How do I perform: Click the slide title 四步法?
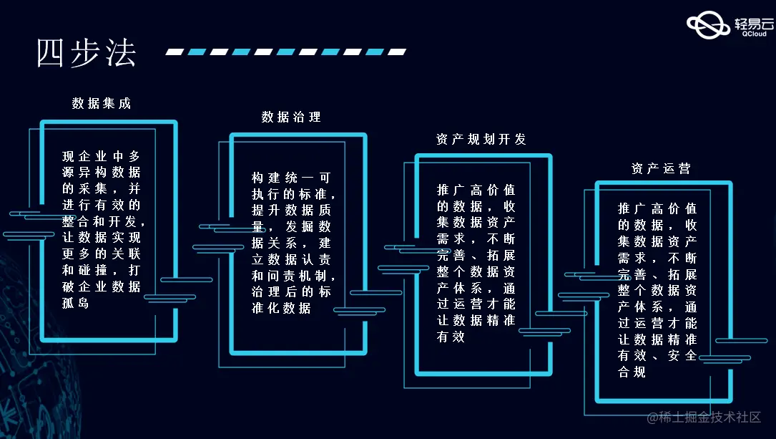coord(86,53)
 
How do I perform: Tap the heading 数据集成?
coord(102,103)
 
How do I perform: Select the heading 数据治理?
coord(291,117)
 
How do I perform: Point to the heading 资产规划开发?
coord(481,139)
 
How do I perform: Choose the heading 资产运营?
coord(661,168)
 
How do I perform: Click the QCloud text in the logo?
coord(755,34)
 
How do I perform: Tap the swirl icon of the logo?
coord(708,25)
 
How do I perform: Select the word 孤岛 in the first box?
coord(75,303)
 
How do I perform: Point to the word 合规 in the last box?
coord(632,372)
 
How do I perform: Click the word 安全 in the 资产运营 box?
coord(682,355)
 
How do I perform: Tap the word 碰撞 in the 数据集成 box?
coord(92,270)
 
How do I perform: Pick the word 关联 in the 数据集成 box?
coord(126,254)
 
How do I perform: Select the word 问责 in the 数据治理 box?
coord(282,276)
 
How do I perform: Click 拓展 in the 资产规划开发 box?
coord(501,255)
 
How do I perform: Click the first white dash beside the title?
coord(175,52)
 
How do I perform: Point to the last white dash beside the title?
coord(397,52)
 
